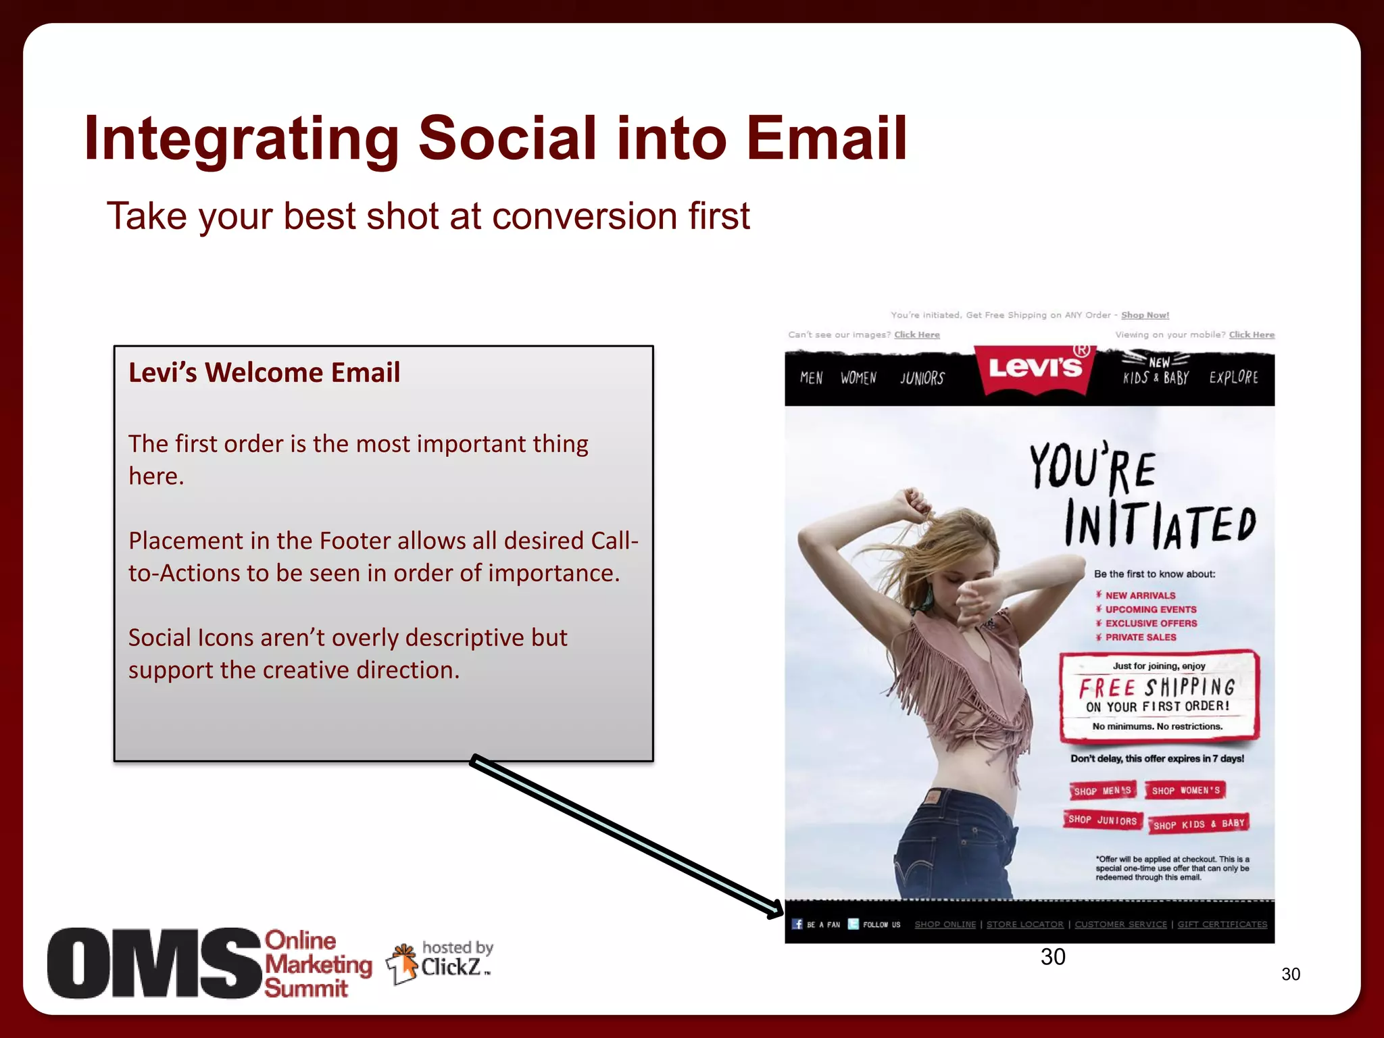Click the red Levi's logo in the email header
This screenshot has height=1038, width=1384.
(x=1035, y=369)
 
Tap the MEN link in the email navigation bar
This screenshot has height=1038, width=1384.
(x=811, y=378)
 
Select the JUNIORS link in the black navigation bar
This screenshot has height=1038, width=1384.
(x=922, y=378)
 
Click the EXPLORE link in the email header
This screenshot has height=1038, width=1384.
(x=1233, y=377)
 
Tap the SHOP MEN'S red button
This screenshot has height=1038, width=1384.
(x=1102, y=791)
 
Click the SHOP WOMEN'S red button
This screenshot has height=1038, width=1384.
(x=1185, y=790)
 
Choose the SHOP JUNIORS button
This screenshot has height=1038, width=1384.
(x=1102, y=820)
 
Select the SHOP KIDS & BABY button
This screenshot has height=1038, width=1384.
(x=1198, y=824)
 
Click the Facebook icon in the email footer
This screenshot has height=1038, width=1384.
(x=797, y=924)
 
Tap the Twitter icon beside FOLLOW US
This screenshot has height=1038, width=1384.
(x=854, y=924)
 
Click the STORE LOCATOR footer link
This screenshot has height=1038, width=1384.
(x=1024, y=924)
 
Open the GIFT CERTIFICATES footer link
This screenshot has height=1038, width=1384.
(x=1222, y=924)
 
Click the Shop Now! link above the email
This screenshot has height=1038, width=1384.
(x=1145, y=315)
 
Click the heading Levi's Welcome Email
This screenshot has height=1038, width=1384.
(x=264, y=372)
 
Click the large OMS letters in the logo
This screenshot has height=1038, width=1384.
(x=154, y=964)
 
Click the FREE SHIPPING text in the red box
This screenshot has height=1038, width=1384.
(x=1157, y=688)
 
